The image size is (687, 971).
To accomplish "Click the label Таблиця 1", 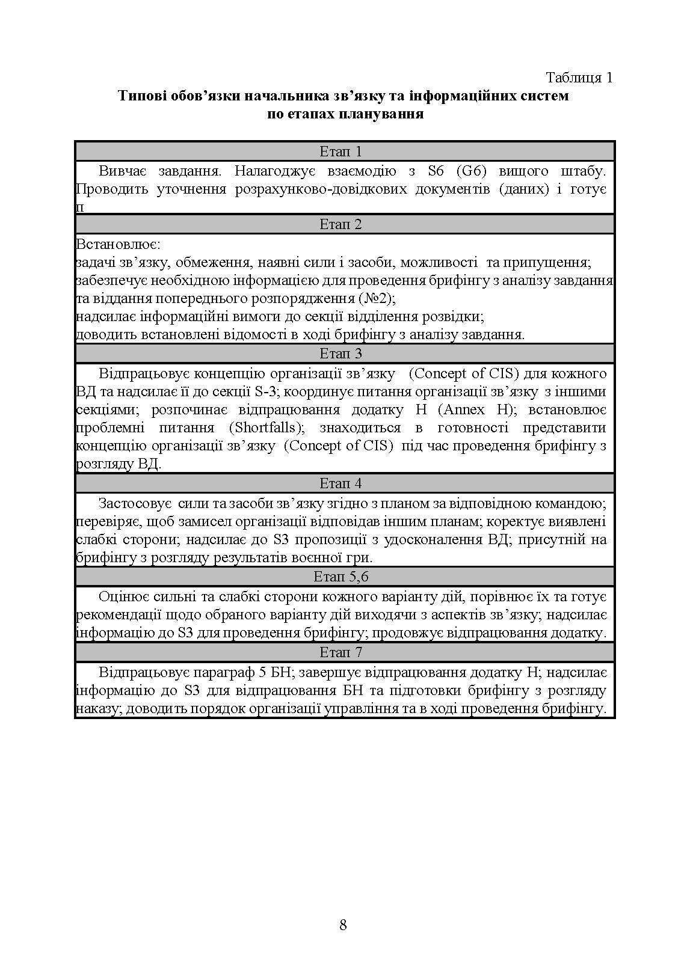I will tap(579, 78).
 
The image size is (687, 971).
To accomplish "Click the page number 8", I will tap(343, 925).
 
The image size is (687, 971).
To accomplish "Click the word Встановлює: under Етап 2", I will tap(117, 245).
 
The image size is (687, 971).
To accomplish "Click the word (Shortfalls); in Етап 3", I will tap(266, 428).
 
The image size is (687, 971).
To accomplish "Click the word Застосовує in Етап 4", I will tap(135, 503).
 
